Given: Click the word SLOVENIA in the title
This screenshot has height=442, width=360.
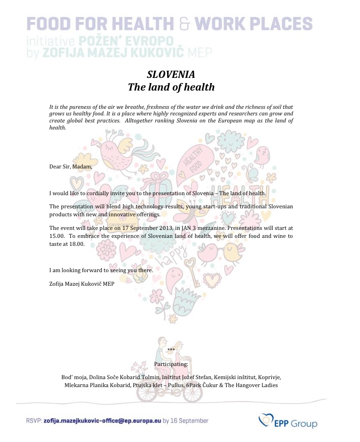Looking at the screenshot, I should tap(171, 75).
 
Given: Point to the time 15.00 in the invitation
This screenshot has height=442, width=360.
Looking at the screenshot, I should tap(56, 236).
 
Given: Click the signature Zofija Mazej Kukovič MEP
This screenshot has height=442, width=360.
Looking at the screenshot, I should tap(82, 284).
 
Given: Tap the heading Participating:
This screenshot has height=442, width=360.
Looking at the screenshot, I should tap(171, 364).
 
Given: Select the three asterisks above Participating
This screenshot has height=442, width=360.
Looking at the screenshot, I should tap(171, 351).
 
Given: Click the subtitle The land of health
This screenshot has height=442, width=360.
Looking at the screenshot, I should tap(171, 87).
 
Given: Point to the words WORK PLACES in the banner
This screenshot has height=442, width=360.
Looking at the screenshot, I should tap(253, 23).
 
